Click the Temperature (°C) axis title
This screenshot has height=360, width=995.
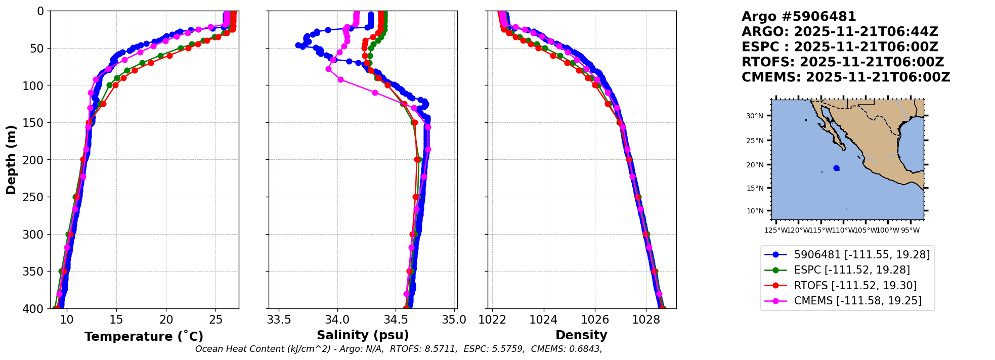[x=144, y=337]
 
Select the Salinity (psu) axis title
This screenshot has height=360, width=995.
[x=363, y=335]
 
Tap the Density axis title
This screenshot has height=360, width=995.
[x=581, y=335]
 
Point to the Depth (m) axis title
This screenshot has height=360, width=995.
[x=11, y=160]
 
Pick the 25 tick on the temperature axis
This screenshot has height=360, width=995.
[x=215, y=320]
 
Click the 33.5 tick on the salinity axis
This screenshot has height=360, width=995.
[x=279, y=320]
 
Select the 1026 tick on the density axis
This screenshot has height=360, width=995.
[x=594, y=320]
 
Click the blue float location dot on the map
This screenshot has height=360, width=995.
[x=836, y=168]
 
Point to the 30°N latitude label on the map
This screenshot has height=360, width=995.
[x=755, y=116]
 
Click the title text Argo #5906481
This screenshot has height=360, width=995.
[x=799, y=17]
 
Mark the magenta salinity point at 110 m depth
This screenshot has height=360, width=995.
[x=375, y=93]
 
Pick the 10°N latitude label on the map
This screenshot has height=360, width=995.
[x=755, y=211]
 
